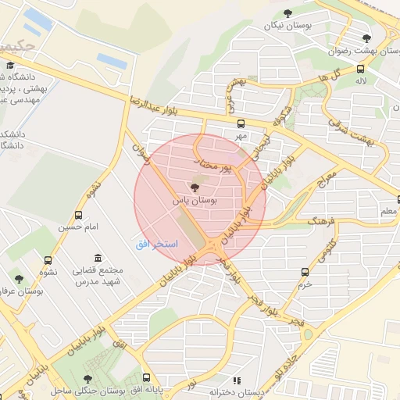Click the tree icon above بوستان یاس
pyautogui.click(x=195, y=187)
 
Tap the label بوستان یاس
pyautogui.click(x=195, y=200)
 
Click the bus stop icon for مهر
pyautogui.click(x=241, y=123)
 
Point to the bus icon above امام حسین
pyautogui.click(x=78, y=215)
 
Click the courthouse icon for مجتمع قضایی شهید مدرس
pyautogui.click(x=98, y=258)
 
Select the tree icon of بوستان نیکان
pyautogui.click(x=288, y=12)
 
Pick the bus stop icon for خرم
pyautogui.click(x=305, y=272)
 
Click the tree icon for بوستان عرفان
pyautogui.click(x=19, y=278)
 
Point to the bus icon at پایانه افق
pyautogui.click(x=146, y=377)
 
